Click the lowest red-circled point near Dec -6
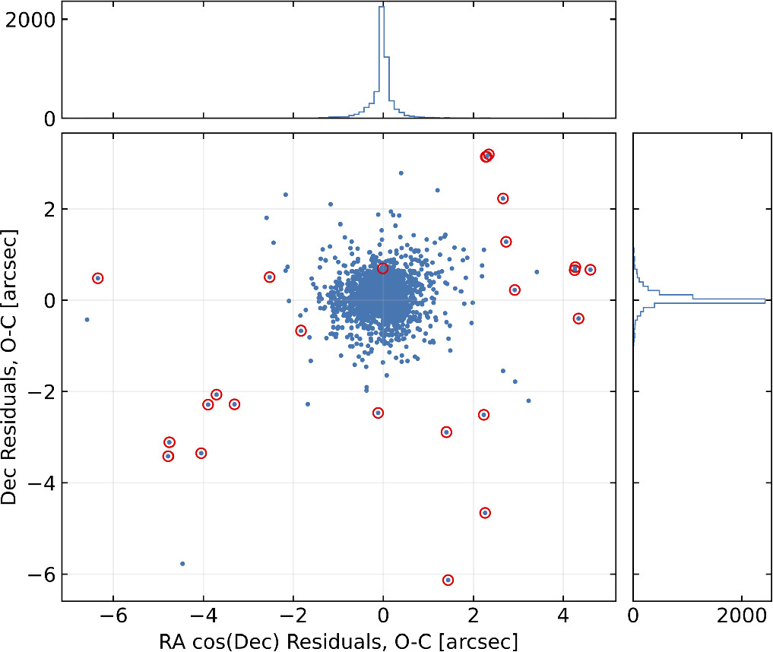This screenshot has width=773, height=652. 448,580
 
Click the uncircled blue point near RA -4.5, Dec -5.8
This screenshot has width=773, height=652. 182,564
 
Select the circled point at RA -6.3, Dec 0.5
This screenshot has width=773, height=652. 98,278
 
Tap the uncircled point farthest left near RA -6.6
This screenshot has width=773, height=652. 87,320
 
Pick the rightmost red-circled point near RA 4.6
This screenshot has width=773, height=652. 590,270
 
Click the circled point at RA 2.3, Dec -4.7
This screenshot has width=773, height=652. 485,513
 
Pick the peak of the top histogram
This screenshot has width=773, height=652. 383,7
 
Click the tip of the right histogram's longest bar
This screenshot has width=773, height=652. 765,301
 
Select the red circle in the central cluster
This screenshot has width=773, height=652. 382,268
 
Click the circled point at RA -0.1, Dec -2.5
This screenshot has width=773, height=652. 378,413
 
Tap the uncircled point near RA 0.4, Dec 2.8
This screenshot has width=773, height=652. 401,172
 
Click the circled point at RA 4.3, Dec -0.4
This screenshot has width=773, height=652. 578,318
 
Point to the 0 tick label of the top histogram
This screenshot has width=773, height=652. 48,119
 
